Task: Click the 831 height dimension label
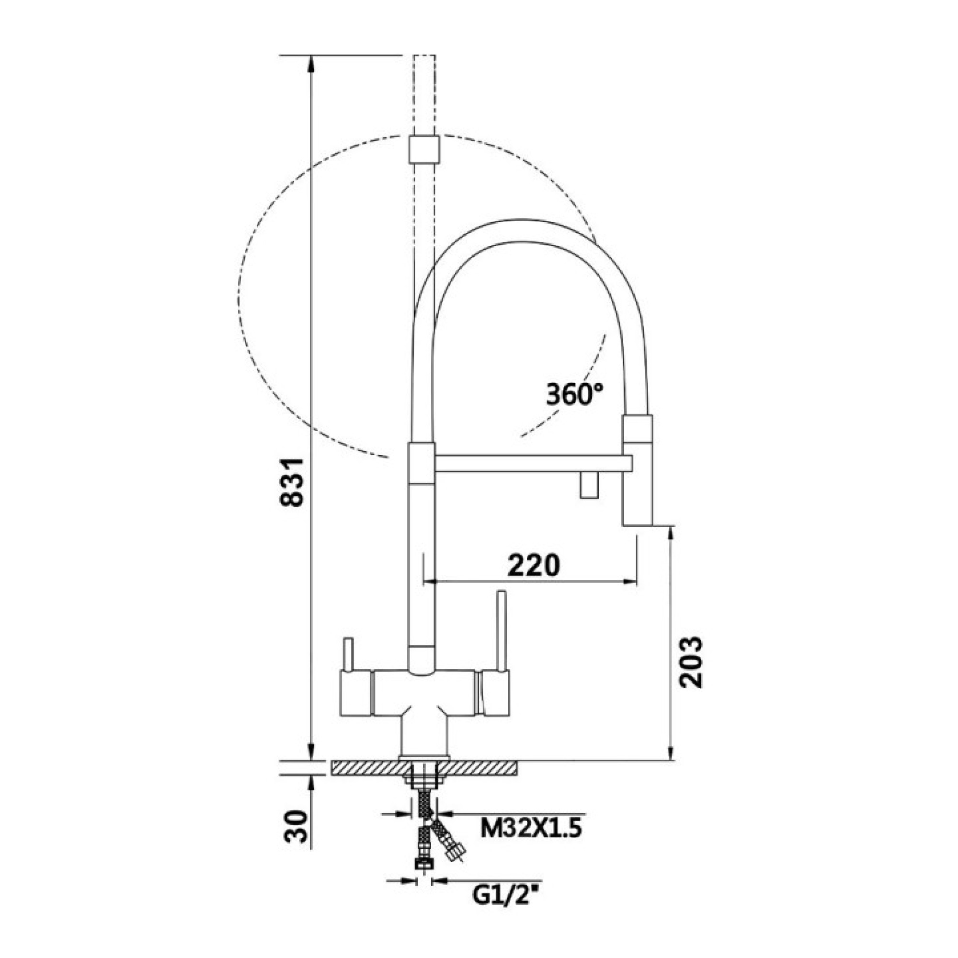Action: click(x=291, y=482)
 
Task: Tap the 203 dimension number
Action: click(x=691, y=662)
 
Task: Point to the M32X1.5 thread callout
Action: click(x=531, y=830)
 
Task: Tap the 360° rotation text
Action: click(x=575, y=394)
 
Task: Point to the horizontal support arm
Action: click(x=531, y=463)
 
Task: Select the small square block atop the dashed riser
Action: click(x=424, y=149)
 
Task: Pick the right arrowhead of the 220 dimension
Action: click(x=631, y=582)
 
